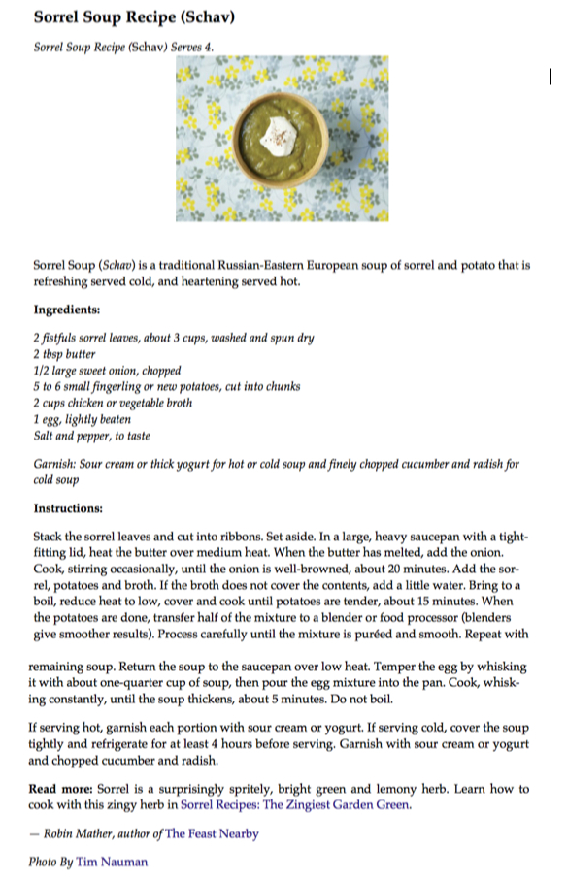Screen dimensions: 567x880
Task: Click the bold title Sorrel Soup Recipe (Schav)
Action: pos(135,18)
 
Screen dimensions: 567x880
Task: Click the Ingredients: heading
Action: pos(67,310)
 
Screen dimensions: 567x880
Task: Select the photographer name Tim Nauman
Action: pos(114,862)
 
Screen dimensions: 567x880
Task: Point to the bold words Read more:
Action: pos(61,789)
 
